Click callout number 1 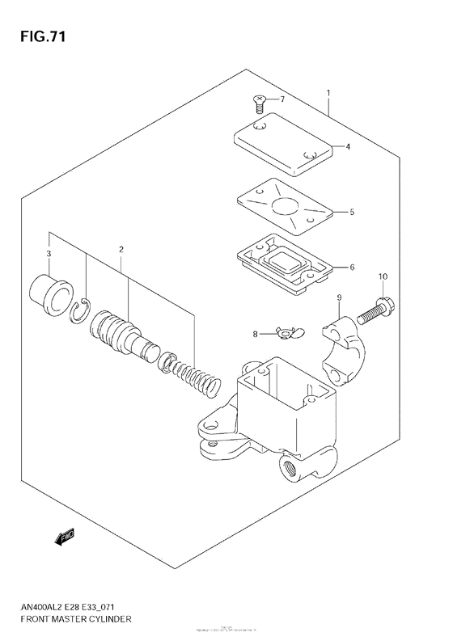(x=328, y=93)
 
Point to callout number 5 (x=352, y=213)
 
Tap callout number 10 (x=382, y=277)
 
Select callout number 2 (x=121, y=250)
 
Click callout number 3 (x=49, y=255)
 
